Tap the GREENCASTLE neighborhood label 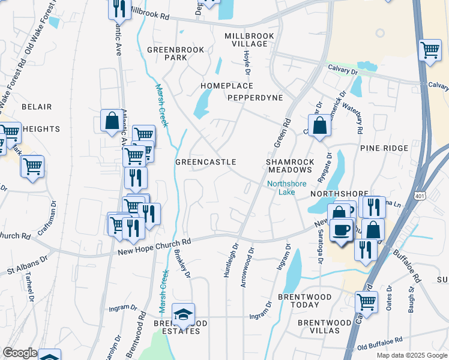[x=205, y=163]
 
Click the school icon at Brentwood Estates [x=184, y=314]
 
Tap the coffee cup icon [x=342, y=230]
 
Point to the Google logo [x=20, y=353]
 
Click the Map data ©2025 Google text [x=411, y=355]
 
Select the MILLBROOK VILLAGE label [x=250, y=40]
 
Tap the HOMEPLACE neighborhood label [x=227, y=86]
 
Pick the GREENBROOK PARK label [x=176, y=53]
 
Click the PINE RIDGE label [x=384, y=148]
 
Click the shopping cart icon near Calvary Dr [x=430, y=51]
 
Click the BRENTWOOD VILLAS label [x=325, y=326]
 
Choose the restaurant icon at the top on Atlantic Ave [x=119, y=8]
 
